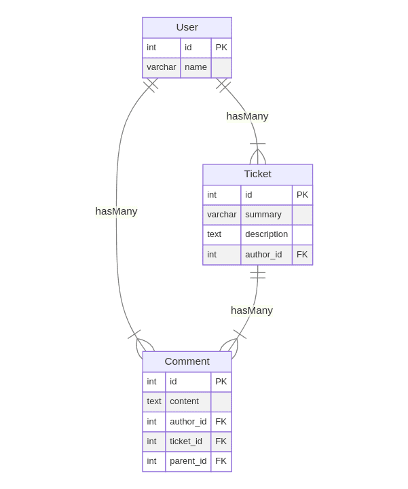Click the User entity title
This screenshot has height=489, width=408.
(x=187, y=27)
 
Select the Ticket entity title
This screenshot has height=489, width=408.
(x=257, y=174)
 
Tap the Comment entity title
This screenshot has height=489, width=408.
(x=187, y=361)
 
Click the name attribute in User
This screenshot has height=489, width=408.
(x=196, y=67)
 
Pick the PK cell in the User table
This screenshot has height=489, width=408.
(x=221, y=48)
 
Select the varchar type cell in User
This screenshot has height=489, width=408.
(x=161, y=67)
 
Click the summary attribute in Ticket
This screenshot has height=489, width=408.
(x=263, y=215)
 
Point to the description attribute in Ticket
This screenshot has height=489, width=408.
(x=266, y=234)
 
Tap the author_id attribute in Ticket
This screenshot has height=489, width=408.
(x=263, y=255)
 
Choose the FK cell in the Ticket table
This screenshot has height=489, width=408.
(x=302, y=255)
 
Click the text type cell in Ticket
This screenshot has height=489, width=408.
(x=215, y=234)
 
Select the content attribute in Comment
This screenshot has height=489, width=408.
(x=184, y=401)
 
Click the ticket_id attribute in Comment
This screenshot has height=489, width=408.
(x=186, y=441)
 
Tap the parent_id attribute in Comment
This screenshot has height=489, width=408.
(x=188, y=461)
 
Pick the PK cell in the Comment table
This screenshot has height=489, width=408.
(x=221, y=382)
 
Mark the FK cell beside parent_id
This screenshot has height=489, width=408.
(x=221, y=461)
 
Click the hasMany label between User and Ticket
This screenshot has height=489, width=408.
(x=247, y=116)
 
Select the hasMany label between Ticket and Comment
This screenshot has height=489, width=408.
(x=252, y=310)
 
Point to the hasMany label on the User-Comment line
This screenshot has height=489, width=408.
(x=116, y=211)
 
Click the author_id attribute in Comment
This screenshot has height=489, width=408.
(x=188, y=422)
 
